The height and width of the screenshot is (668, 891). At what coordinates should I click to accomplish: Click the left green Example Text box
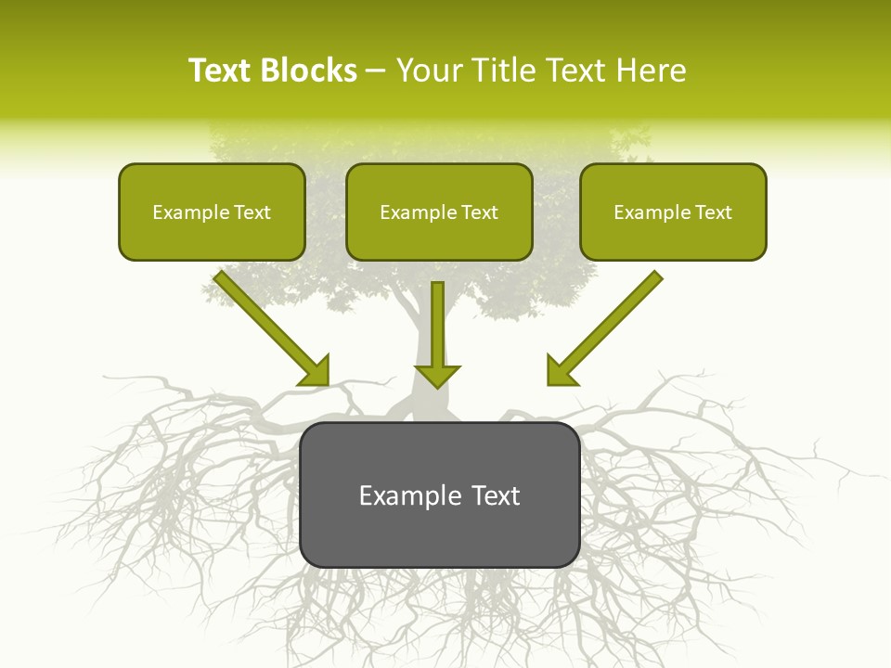pyautogui.click(x=212, y=212)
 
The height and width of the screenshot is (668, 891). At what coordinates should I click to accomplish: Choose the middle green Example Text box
pyautogui.click(x=439, y=212)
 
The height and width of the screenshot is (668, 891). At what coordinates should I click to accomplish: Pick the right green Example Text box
pyautogui.click(x=673, y=212)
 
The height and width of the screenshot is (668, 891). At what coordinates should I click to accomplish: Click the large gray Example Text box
pyautogui.click(x=439, y=495)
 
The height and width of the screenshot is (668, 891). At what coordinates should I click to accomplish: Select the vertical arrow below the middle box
pyautogui.click(x=437, y=325)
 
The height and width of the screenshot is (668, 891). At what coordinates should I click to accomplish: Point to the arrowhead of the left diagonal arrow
pyautogui.click(x=316, y=371)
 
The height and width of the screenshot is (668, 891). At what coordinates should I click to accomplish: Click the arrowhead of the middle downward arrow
pyautogui.click(x=437, y=375)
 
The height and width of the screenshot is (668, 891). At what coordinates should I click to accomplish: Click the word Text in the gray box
pyautogui.click(x=496, y=495)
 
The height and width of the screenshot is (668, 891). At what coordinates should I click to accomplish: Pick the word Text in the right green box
pyautogui.click(x=713, y=212)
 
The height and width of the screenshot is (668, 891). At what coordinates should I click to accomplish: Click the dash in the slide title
pyautogui.click(x=375, y=71)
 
